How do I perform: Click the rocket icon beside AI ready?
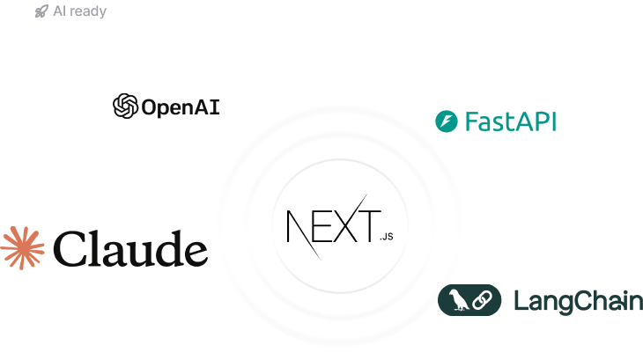[x=41, y=11]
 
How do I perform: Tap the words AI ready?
[x=80, y=12]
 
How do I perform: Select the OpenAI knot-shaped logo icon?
[x=125, y=107]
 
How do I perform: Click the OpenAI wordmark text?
[x=181, y=107]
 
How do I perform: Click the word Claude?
[x=131, y=248]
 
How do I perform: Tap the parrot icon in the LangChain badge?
[x=458, y=301]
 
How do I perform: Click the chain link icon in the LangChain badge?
[x=481, y=301]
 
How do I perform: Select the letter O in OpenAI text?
[x=149, y=107]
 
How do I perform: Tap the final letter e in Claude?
[x=193, y=252]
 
